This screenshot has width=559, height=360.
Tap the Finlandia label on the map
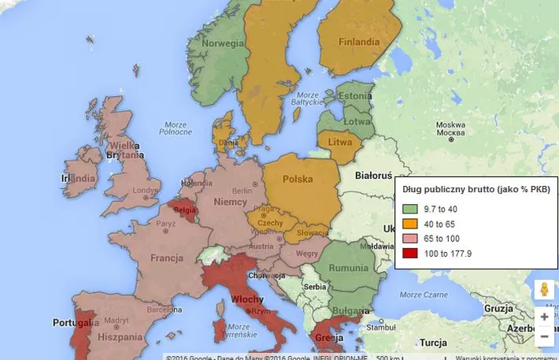coord(358,42)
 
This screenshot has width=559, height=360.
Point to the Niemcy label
coord(231,202)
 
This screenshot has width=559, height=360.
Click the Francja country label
coord(167,258)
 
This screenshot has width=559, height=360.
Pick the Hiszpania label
coord(120,336)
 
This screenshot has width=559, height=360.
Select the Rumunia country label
coord(347,268)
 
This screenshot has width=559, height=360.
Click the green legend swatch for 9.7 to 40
coord(409,209)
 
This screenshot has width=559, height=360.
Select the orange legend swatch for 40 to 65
coord(409,224)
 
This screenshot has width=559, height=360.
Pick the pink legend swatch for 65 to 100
coord(409,238)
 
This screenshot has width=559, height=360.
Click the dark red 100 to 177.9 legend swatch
coord(409,253)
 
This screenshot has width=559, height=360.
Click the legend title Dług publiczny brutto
coord(476,189)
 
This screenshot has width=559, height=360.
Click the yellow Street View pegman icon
coord(543,289)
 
